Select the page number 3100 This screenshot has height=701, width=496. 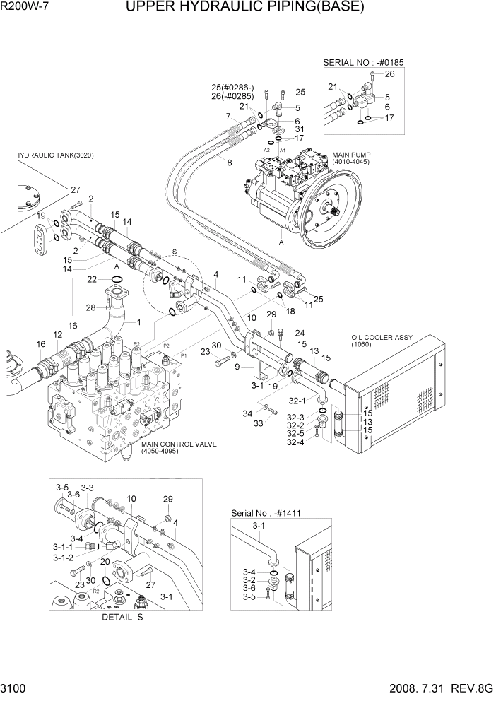[16, 690]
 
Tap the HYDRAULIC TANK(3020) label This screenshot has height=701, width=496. [54, 155]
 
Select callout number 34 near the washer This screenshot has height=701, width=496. [248, 414]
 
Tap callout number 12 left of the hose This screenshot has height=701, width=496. [58, 334]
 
